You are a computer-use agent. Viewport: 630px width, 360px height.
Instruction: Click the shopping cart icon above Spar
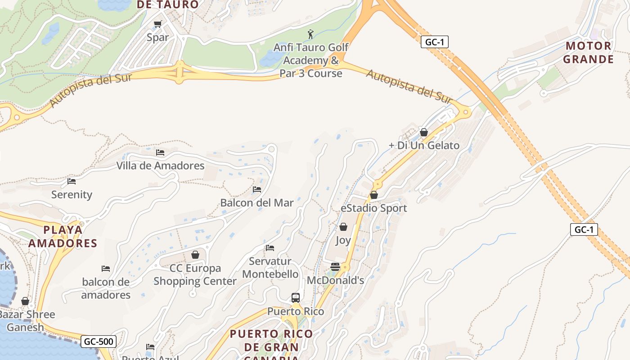click(x=157, y=24)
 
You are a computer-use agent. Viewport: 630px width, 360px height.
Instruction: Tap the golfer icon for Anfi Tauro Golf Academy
click(x=310, y=34)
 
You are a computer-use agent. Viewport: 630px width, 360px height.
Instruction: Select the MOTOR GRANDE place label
click(x=589, y=52)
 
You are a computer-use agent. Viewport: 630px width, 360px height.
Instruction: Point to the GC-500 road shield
click(x=99, y=342)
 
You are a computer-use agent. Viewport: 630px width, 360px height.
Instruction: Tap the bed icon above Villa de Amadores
click(x=160, y=153)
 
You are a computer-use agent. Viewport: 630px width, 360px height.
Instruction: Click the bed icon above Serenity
click(x=72, y=181)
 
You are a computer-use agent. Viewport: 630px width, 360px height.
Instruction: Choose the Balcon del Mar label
click(x=256, y=203)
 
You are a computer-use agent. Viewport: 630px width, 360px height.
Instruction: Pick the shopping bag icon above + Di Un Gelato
click(x=423, y=132)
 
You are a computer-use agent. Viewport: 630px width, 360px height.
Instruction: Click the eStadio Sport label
click(x=373, y=208)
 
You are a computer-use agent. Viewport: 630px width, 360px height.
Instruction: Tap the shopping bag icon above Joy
click(x=343, y=227)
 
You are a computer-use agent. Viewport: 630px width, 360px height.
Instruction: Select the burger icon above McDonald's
click(x=335, y=267)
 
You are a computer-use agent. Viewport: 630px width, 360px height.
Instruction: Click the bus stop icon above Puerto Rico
click(x=296, y=297)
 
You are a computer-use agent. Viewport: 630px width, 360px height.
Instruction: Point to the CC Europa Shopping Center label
click(x=195, y=274)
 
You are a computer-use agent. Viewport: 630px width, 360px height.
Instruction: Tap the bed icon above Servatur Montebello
click(x=270, y=247)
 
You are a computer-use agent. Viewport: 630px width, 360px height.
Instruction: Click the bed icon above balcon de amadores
click(x=106, y=269)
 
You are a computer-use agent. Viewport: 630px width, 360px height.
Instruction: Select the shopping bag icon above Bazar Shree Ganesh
click(x=25, y=301)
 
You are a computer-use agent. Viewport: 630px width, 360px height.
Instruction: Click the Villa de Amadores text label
click(x=160, y=166)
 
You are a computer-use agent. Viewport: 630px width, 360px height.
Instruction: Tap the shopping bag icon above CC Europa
click(x=195, y=255)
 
